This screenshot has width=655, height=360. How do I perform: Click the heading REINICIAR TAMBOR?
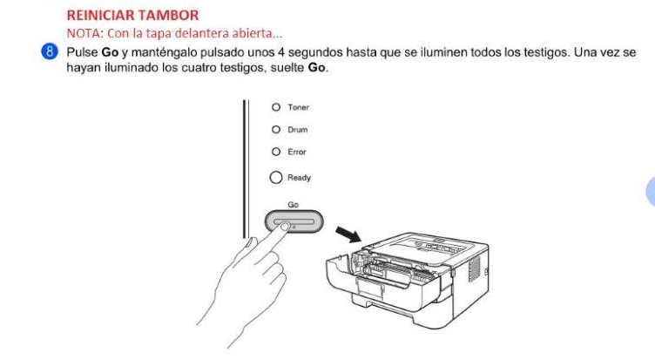tap(132, 16)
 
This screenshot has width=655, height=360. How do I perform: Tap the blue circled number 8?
tap(50, 52)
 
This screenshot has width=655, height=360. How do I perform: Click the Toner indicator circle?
tap(276, 107)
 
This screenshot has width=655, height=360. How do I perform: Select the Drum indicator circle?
tap(276, 130)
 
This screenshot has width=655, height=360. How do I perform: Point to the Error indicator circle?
tap(276, 152)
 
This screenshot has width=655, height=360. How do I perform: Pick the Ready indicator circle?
tap(276, 177)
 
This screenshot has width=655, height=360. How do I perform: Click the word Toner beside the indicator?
tap(298, 107)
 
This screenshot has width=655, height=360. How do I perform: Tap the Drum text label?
tap(297, 130)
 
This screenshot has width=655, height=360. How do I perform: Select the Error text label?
tap(297, 153)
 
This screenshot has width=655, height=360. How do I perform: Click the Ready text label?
tap(299, 178)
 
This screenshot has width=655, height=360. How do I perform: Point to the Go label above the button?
tap(293, 205)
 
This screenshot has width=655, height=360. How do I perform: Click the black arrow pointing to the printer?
tap(348, 234)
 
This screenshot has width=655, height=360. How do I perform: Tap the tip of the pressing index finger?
tap(285, 227)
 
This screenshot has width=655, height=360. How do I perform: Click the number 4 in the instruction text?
tap(281, 52)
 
